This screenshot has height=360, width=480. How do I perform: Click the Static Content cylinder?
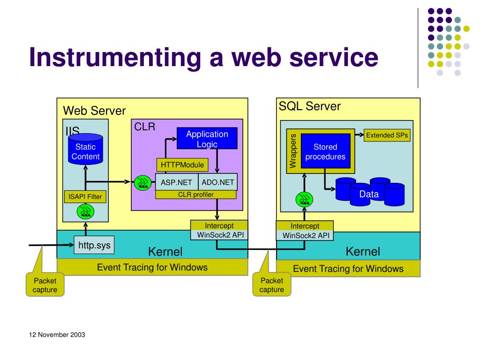(85, 149)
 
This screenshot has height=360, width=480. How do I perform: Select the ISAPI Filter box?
(85, 196)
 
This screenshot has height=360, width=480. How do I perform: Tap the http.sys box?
(94, 245)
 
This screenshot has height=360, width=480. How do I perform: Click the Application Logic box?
(207, 138)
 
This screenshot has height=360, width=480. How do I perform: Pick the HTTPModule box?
(182, 165)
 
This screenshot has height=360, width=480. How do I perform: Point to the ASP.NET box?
(177, 182)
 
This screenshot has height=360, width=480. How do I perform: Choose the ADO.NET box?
(217, 182)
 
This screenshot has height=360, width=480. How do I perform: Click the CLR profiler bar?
(196, 195)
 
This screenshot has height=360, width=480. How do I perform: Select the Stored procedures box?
(325, 151)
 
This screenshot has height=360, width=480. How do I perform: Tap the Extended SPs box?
(387, 135)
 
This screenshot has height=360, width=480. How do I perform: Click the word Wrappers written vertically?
(293, 151)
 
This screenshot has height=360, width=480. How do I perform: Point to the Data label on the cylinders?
(369, 194)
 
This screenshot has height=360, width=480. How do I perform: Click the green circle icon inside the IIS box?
(85, 211)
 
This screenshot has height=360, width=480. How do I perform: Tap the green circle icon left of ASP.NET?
(142, 183)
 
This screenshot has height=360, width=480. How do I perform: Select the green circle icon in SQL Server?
(304, 199)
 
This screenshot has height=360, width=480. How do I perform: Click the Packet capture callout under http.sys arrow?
(45, 285)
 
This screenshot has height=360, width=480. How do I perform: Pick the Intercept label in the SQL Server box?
(305, 226)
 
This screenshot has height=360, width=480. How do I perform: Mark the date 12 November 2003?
(57, 335)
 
